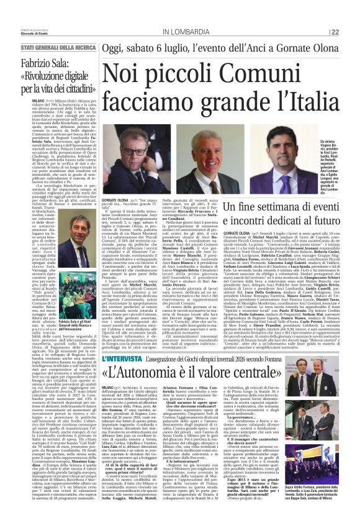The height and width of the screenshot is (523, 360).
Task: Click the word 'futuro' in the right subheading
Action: tap(317, 220)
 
